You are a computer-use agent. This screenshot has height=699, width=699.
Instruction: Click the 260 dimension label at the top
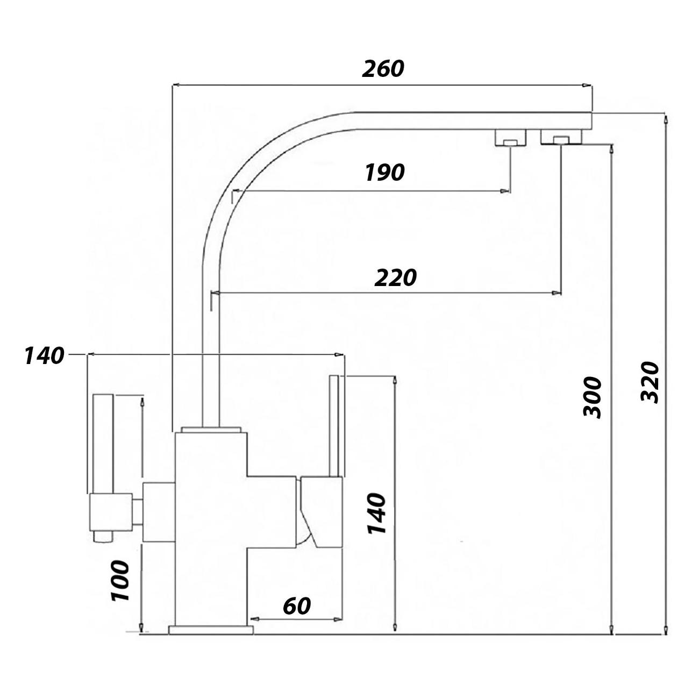[383, 68]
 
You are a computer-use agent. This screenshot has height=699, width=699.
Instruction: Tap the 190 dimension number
[384, 172]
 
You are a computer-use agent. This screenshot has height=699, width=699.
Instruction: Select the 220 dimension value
[395, 277]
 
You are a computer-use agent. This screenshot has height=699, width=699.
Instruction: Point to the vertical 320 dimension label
[649, 382]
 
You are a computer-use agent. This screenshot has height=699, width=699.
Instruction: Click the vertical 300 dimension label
[592, 398]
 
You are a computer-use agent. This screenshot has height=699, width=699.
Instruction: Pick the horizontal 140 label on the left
[44, 355]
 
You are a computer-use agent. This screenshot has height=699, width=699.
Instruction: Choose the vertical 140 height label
[376, 513]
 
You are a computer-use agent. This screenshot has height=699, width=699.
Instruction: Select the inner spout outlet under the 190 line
[511, 138]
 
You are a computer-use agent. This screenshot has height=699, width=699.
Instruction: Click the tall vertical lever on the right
[334, 426]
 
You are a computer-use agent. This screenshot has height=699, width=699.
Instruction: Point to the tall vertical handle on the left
[104, 444]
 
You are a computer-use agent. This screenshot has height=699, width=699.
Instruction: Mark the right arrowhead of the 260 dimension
[587, 85]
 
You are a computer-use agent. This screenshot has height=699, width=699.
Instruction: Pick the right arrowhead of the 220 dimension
[556, 293]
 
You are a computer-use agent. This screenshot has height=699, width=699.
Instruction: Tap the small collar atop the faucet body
[211, 430]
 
